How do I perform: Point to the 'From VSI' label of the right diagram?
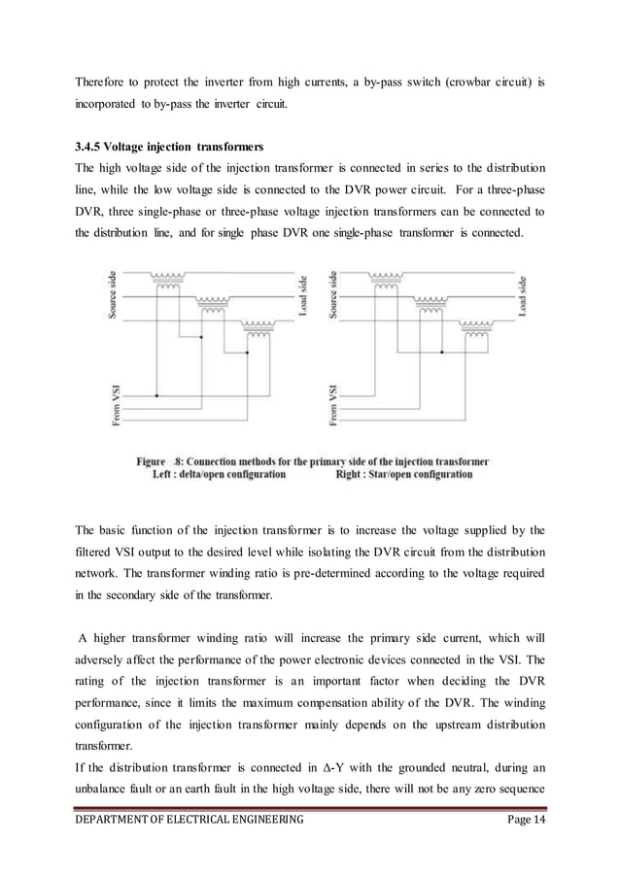[x=335, y=405]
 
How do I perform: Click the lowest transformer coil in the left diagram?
[x=258, y=329]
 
